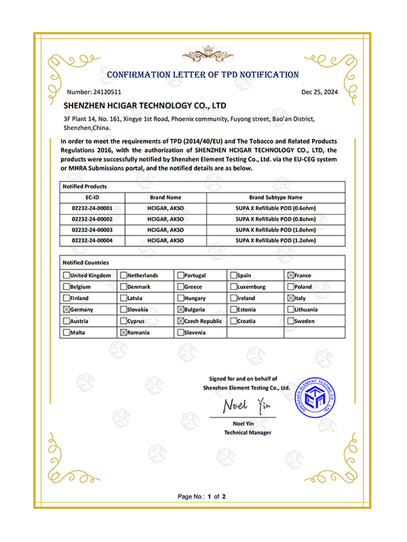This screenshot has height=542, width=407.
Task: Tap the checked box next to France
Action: point(291,276)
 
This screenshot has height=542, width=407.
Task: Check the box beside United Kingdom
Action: point(66,276)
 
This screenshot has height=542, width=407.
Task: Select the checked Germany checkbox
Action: point(66,309)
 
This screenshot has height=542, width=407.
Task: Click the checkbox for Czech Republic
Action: point(180,320)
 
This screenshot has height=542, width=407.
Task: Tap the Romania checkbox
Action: point(123,332)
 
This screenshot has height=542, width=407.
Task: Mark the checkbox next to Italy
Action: point(291,298)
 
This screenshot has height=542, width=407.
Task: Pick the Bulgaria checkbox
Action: point(180,309)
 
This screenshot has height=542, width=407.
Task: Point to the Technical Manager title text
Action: point(248,432)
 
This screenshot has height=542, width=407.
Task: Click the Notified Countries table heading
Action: point(85,262)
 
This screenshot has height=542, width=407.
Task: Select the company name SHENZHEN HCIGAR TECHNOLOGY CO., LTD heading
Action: point(144,106)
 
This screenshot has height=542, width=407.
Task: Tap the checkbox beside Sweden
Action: point(291,320)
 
